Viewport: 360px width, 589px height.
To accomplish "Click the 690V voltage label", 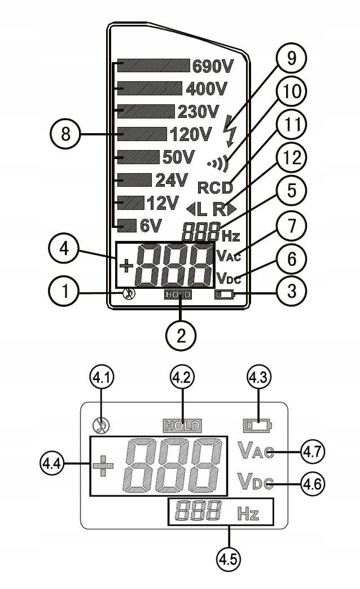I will [213, 67].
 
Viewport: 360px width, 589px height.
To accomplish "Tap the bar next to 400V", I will [150, 89].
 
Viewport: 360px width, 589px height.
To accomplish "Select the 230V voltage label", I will [197, 111].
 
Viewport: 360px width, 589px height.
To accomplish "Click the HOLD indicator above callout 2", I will [178, 294].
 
